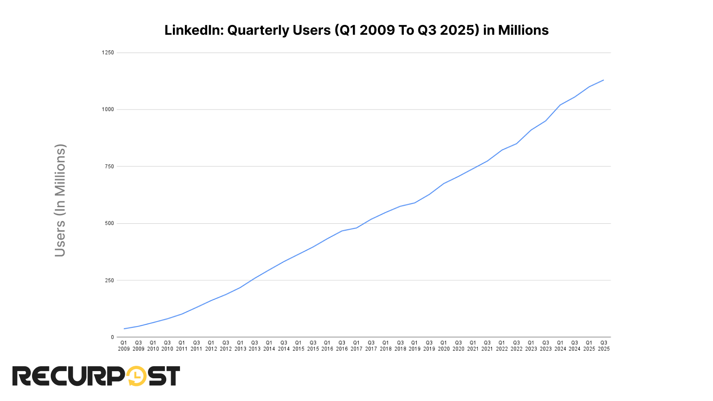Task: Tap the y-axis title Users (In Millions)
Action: [60, 200]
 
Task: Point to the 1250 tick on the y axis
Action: [108, 53]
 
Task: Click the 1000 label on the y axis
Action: [108, 110]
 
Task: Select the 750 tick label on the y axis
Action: [109, 167]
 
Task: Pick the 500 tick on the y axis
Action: [109, 223]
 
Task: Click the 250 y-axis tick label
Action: [109, 280]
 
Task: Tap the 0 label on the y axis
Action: [112, 337]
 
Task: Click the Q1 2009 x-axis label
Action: [124, 346]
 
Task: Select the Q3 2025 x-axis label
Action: [604, 346]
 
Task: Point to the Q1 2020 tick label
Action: [444, 346]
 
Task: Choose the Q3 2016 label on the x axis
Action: [342, 346]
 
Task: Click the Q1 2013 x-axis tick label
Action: [240, 346]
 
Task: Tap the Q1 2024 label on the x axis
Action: [560, 346]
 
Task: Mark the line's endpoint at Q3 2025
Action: [604, 80]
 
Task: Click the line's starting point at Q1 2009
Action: [124, 329]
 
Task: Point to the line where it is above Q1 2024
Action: [560, 105]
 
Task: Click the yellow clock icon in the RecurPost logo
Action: [137, 376]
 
